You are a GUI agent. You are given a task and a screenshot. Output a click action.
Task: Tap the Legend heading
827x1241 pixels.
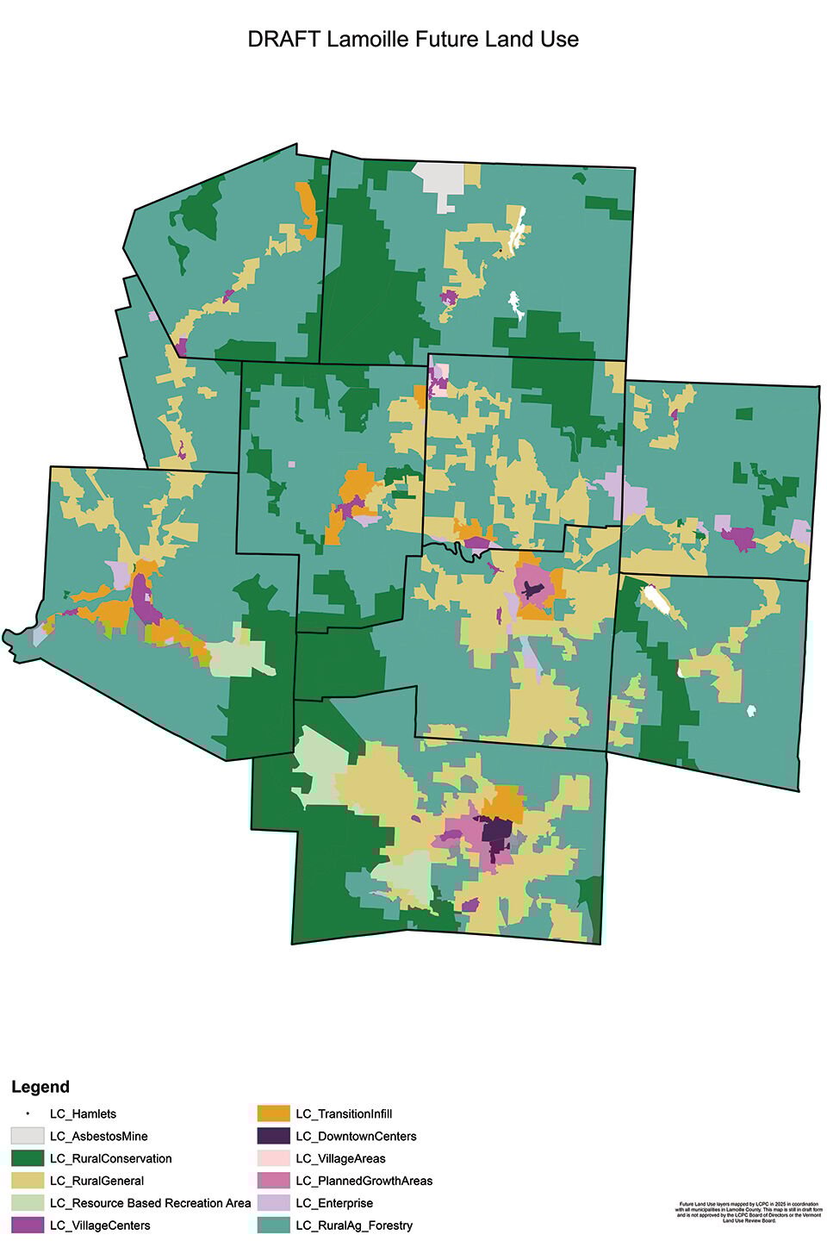[40, 1087]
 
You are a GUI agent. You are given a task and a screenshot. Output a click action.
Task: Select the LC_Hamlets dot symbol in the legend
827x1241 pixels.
[28, 1114]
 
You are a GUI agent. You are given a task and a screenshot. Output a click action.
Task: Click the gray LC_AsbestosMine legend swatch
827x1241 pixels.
[28, 1136]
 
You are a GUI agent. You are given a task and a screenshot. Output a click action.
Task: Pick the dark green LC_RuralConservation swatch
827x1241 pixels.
[28, 1158]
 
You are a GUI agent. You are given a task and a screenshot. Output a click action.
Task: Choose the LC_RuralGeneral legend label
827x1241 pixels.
[96, 1181]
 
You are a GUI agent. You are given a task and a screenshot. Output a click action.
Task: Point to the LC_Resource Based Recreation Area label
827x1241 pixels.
[150, 1203]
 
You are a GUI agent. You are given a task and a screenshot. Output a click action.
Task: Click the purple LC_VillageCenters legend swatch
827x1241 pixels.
[28, 1225]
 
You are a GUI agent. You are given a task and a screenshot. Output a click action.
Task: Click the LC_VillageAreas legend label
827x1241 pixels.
[340, 1158]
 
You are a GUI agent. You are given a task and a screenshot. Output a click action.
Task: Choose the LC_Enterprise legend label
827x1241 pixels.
[334, 1203]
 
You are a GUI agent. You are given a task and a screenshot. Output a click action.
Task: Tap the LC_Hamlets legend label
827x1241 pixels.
[83, 1113]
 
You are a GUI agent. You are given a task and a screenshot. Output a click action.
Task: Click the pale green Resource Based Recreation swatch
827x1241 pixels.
[28, 1203]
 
